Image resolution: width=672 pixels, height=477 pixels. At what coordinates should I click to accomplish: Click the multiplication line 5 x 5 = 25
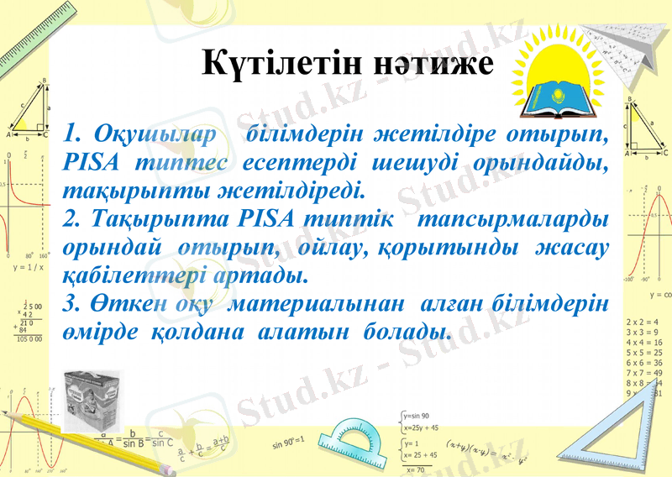(x=645, y=353)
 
